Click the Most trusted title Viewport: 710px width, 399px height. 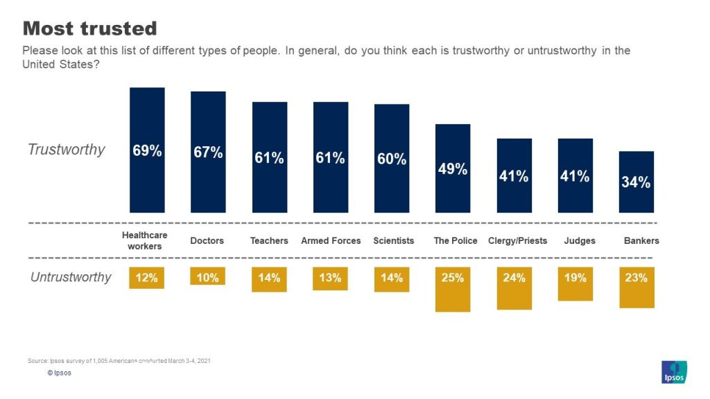tap(90, 28)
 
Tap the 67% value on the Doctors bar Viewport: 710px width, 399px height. tap(208, 152)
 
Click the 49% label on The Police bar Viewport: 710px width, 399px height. tap(453, 168)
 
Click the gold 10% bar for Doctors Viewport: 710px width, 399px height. tap(208, 276)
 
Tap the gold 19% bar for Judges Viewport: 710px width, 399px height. tap(575, 283)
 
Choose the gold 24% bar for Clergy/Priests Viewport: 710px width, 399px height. tap(514, 287)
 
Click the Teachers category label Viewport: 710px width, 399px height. tap(269, 241)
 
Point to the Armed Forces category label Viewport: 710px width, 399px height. tap(331, 241)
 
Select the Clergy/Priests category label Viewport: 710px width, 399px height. tap(517, 241)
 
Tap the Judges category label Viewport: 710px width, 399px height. tap(575, 241)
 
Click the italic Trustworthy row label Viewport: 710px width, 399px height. tap(67, 150)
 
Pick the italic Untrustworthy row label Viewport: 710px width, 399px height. tap(71, 277)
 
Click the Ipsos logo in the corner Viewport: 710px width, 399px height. tap(674, 372)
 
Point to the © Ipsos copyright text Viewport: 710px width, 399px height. tap(60, 373)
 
